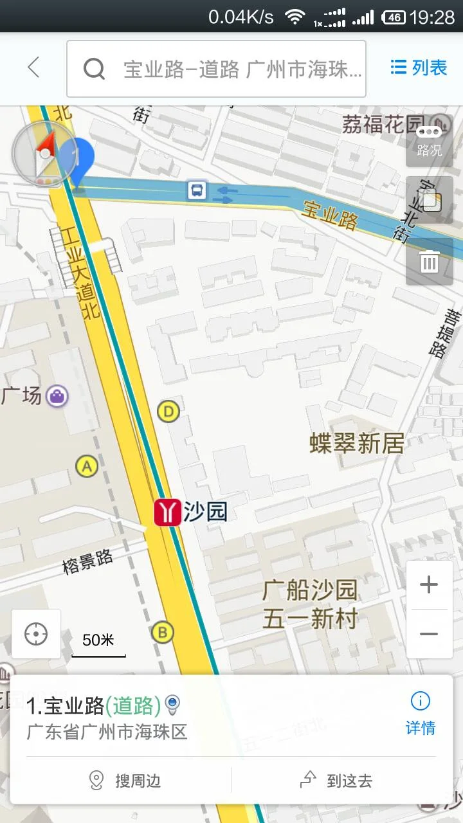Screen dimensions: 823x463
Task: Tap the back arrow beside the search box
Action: pos(33,68)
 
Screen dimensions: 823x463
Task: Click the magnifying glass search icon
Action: pos(94,69)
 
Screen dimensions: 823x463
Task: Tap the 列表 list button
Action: pos(419,68)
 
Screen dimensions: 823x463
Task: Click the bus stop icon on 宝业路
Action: pos(197,190)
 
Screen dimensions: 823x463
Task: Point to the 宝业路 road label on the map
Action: pos(330,215)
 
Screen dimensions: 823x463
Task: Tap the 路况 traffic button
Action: pos(429,141)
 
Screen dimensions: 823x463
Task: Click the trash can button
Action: pos(429,262)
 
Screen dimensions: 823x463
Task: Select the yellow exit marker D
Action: pos(168,411)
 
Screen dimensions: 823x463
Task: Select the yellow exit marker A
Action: pos(87,466)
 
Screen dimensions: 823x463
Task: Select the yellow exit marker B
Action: pos(163,633)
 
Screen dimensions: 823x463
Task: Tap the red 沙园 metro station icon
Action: pos(167,512)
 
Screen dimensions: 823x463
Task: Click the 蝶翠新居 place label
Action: pos(357,443)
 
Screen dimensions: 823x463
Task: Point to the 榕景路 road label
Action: pos(88,561)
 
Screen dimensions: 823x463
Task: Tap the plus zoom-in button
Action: pos(429,584)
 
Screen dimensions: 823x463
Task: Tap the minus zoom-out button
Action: pos(429,634)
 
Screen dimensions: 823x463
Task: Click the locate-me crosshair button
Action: pos(36,634)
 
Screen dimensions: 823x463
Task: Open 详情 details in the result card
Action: pos(420,714)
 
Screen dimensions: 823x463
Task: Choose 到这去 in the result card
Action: pos(337,781)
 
